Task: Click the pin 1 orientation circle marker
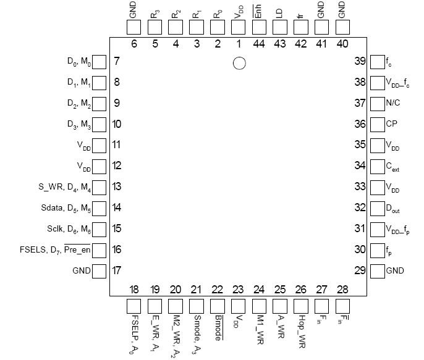pos(239,63)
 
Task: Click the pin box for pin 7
pos(99,61)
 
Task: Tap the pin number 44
pos(259,44)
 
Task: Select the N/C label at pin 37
pos(392,103)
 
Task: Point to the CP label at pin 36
pos(391,124)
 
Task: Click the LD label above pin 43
pos(279,12)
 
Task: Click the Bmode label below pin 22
pos(218,327)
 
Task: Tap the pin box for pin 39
pos(376,61)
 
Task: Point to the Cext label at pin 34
pos(393,167)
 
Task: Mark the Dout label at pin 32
pos(393,209)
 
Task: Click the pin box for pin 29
pos(376,270)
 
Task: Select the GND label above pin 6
pos(134,9)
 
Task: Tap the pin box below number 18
pos(134,306)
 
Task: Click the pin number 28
pos(342,290)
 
